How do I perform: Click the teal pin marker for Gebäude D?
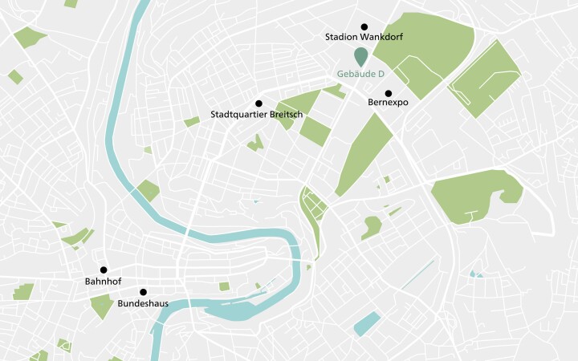pos(361,56)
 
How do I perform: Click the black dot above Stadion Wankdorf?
pos(364,26)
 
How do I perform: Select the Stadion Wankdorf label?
pos(364,38)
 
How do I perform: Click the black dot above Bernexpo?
pos(389,93)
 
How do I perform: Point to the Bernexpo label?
pos(389,103)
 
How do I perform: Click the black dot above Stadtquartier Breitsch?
pos(258,103)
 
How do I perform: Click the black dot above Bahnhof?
pos(104,270)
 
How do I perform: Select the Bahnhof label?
pos(103,282)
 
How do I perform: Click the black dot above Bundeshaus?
pos(144,292)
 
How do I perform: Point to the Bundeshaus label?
pos(144,305)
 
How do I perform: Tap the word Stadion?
pos(340,38)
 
